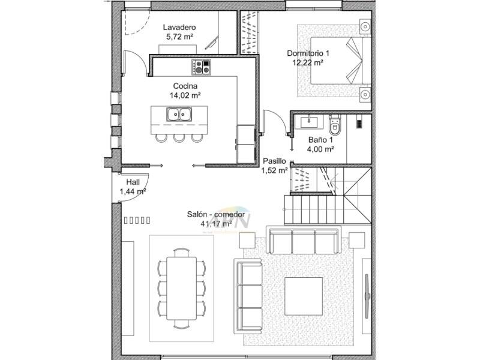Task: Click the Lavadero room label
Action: point(179,28)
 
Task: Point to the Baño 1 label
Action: point(321,139)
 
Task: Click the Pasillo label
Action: point(275,161)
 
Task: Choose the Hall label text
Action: point(133,182)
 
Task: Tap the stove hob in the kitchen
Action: point(201,67)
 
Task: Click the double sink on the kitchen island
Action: point(179,113)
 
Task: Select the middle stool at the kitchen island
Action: point(179,138)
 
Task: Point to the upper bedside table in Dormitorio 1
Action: point(364,26)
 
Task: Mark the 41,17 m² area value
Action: point(216,224)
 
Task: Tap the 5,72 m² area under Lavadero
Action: point(179,37)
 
